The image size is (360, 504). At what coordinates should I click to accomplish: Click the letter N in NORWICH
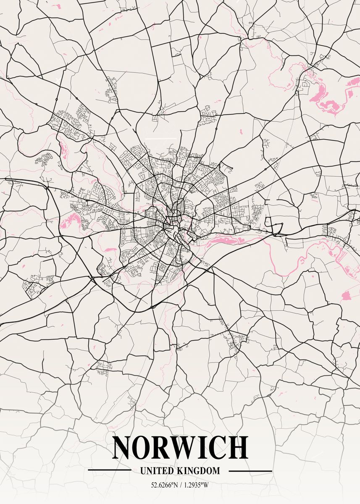coord(122,448)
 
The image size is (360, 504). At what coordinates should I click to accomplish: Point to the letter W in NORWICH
coord(191,448)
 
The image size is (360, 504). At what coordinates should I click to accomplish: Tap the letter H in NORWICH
coord(239,448)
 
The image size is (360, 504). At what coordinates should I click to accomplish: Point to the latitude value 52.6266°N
coord(164,485)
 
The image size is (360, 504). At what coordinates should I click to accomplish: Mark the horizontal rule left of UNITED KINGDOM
coord(109,471)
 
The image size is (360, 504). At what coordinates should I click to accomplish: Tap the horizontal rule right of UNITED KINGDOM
coord(251,471)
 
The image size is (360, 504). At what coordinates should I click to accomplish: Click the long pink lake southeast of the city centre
coord(227,241)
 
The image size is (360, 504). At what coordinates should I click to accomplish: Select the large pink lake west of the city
coord(71,219)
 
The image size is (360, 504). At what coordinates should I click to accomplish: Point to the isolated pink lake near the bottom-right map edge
coord(346,296)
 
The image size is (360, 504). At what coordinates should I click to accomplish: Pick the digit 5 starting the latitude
coord(153,485)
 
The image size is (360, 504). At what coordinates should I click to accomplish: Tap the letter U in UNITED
coord(143,471)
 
